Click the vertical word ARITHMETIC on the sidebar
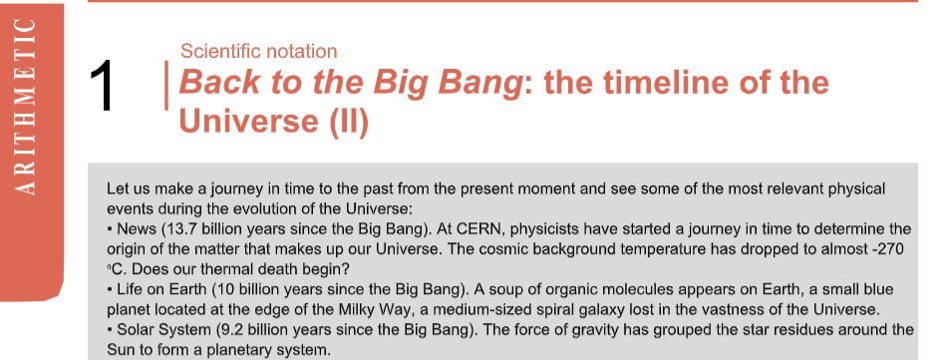click(x=25, y=107)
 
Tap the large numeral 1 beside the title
click(x=102, y=86)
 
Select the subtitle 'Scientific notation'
click(x=259, y=52)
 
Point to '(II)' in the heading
click(x=349, y=122)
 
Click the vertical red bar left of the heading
click(x=166, y=86)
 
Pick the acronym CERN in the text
click(x=477, y=229)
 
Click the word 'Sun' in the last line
click(x=119, y=350)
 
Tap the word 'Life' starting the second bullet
click(x=128, y=290)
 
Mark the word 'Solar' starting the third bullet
click(x=132, y=330)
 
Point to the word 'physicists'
click(x=533, y=229)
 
